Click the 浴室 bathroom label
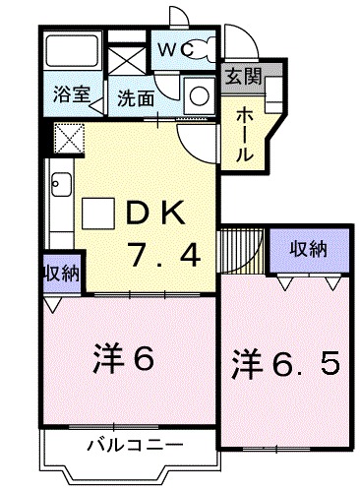coord(72,96)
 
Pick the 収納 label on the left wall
coord(61,272)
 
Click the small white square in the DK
coord(98,212)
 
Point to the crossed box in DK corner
coord(69,137)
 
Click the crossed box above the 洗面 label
coord(126,54)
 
